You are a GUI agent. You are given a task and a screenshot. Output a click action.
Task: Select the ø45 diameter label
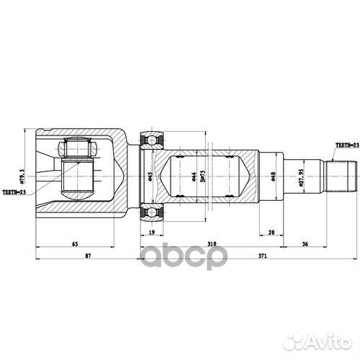[149, 178]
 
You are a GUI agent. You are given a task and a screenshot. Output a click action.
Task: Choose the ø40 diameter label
[271, 176]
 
